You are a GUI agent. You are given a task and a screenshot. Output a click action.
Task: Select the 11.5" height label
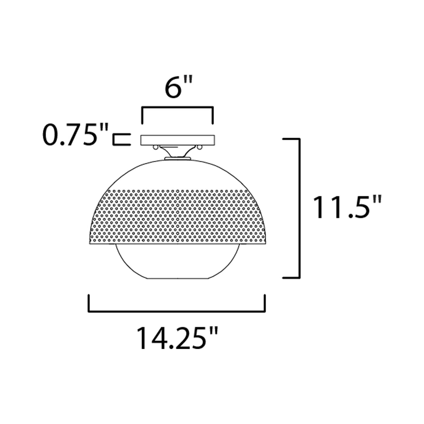[x=347, y=208]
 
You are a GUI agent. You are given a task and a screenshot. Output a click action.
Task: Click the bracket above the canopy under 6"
[x=178, y=109]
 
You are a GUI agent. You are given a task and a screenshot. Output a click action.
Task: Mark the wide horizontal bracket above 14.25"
[x=177, y=311]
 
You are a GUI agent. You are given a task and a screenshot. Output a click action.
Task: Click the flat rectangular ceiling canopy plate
[x=178, y=140]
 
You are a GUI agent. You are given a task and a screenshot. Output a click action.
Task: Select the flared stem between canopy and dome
[x=178, y=152]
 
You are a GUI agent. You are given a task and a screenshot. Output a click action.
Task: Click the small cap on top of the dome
[x=178, y=158]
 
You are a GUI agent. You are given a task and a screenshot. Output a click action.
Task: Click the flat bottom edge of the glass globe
[x=178, y=278]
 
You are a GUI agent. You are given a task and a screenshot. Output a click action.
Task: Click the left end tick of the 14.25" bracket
[x=89, y=302]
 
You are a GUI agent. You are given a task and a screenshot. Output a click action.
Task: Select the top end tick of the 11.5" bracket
[x=290, y=139]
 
